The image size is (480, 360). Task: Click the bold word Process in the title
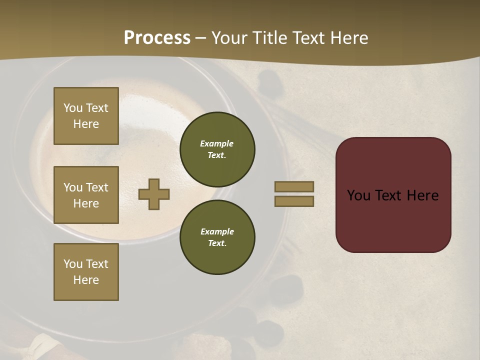[x=157, y=38]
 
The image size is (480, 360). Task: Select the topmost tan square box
[x=86, y=116]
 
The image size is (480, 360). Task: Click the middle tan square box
[x=86, y=195]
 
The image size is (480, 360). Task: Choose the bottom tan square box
[x=86, y=272]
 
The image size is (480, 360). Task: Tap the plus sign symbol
[x=154, y=194]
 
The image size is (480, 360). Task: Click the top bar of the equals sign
[x=294, y=186]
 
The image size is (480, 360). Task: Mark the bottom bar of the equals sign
[x=294, y=201]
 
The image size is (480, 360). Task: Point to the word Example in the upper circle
[x=217, y=143]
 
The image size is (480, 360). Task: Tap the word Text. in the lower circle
[x=217, y=243]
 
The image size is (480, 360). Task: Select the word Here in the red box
[x=423, y=195]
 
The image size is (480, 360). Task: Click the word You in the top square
[x=73, y=108]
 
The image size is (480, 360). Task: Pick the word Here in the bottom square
[x=86, y=280]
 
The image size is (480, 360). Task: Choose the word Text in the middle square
[x=97, y=187]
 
